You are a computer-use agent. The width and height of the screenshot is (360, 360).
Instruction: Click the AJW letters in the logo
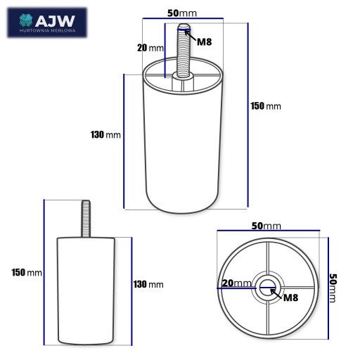point(55,21)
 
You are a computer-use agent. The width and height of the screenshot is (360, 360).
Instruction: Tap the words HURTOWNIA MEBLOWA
point(48,31)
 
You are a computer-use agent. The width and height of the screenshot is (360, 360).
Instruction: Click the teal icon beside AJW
point(26,20)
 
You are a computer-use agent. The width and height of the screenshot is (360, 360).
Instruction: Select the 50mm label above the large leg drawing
point(182,13)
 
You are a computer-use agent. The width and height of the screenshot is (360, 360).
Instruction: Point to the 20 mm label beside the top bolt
point(150,48)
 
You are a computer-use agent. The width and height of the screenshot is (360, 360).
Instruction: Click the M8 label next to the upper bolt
point(205,42)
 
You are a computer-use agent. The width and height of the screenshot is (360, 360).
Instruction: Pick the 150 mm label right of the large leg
point(266,106)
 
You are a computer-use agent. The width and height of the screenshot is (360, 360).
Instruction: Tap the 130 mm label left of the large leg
point(105,135)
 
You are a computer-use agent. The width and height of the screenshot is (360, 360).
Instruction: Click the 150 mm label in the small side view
point(27,273)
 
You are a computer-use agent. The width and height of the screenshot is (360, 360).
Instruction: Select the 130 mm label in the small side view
point(148,285)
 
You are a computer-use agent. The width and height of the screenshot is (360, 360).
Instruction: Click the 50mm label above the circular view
point(266,226)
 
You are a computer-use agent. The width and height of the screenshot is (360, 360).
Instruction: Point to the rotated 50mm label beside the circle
point(333,288)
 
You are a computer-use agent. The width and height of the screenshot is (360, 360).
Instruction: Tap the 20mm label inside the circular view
point(237,283)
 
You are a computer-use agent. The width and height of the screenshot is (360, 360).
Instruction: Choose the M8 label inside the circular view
point(290,297)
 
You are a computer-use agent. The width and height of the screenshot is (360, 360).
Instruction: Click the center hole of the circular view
point(267,288)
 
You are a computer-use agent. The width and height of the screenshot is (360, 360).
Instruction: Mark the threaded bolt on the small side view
point(86,219)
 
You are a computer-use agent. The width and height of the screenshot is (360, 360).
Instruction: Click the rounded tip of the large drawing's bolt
point(184,26)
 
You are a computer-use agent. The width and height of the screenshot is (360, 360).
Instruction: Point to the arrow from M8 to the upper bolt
point(191,36)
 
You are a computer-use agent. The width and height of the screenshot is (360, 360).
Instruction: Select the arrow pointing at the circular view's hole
point(276,294)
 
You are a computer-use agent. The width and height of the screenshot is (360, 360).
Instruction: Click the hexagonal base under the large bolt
point(183,82)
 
